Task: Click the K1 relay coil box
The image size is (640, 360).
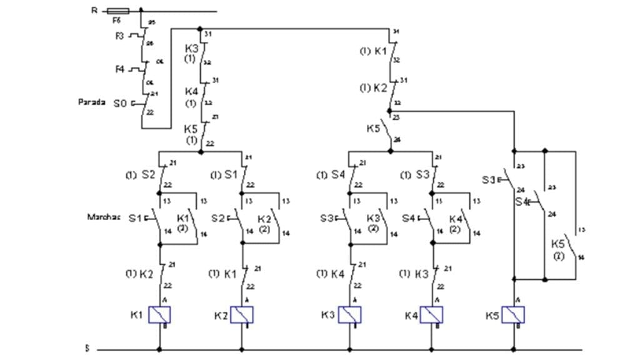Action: pyautogui.click(x=159, y=315)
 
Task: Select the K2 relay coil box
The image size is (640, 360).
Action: pyautogui.click(x=241, y=315)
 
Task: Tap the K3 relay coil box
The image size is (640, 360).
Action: pyautogui.click(x=349, y=315)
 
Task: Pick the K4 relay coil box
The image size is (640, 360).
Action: pyautogui.click(x=431, y=315)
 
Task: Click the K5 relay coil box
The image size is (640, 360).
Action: pyautogui.click(x=513, y=315)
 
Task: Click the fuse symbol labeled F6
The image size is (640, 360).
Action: pyautogui.click(x=118, y=11)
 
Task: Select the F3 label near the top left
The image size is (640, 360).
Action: pyautogui.click(x=120, y=36)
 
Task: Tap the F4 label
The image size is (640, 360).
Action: pyautogui.click(x=120, y=69)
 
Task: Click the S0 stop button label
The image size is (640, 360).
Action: pyautogui.click(x=120, y=103)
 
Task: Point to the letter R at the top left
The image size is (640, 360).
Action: pyautogui.click(x=94, y=10)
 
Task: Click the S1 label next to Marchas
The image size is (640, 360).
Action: pyautogui.click(x=135, y=218)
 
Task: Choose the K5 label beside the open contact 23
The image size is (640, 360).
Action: pyautogui.click(x=373, y=128)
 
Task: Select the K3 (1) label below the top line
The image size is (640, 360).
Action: pyautogui.click(x=191, y=53)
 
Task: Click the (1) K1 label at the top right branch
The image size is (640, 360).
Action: pyautogui.click(x=373, y=51)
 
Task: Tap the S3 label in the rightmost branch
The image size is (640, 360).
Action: pyautogui.click(x=488, y=180)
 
